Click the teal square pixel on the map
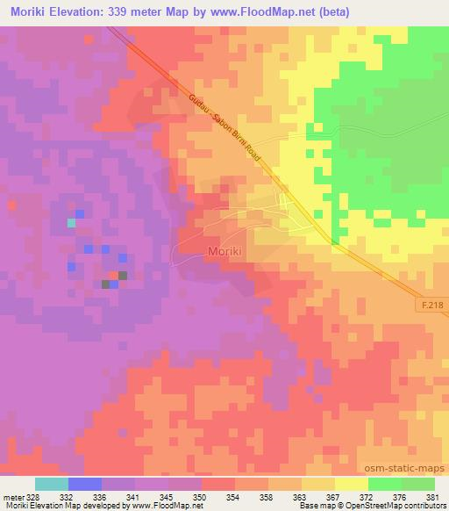tap(72, 223)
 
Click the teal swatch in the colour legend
tap(52, 484)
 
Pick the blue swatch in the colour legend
tap(85, 484)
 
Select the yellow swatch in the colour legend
tap(352, 484)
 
